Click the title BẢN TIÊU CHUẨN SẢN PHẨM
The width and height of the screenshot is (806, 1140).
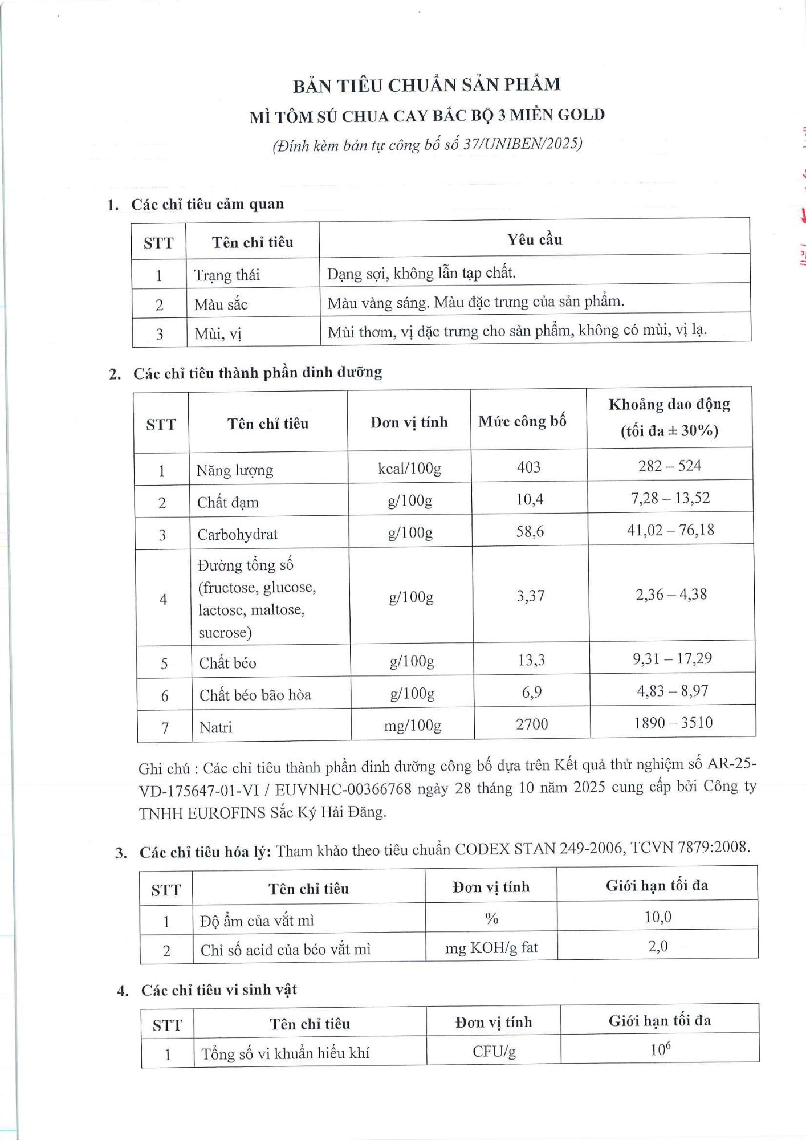tap(426, 85)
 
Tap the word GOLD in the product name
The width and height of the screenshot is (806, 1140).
tap(580, 115)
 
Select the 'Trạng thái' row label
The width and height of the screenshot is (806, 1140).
tap(227, 275)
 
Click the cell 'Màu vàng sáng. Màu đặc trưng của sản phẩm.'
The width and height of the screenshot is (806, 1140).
tap(475, 302)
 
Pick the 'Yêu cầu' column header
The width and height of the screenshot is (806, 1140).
tap(534, 239)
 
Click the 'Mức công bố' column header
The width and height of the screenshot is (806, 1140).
tap(522, 421)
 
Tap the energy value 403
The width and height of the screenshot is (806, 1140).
tap(528, 467)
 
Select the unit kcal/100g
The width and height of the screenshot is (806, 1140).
tap(409, 469)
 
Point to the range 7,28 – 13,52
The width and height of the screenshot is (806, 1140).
tap(670, 498)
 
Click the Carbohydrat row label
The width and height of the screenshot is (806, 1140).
tap(237, 534)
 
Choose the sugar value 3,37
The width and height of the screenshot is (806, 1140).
tap(530, 596)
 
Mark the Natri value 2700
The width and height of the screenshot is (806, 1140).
tap(531, 724)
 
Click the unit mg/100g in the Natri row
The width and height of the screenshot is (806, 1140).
tap(412, 726)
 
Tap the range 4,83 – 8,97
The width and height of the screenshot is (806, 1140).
tap(672, 691)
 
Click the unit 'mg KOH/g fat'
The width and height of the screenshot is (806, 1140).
tap(491, 947)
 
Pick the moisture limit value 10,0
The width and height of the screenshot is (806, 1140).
tap(658, 917)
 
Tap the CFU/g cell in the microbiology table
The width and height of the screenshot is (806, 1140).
tap(494, 1051)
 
